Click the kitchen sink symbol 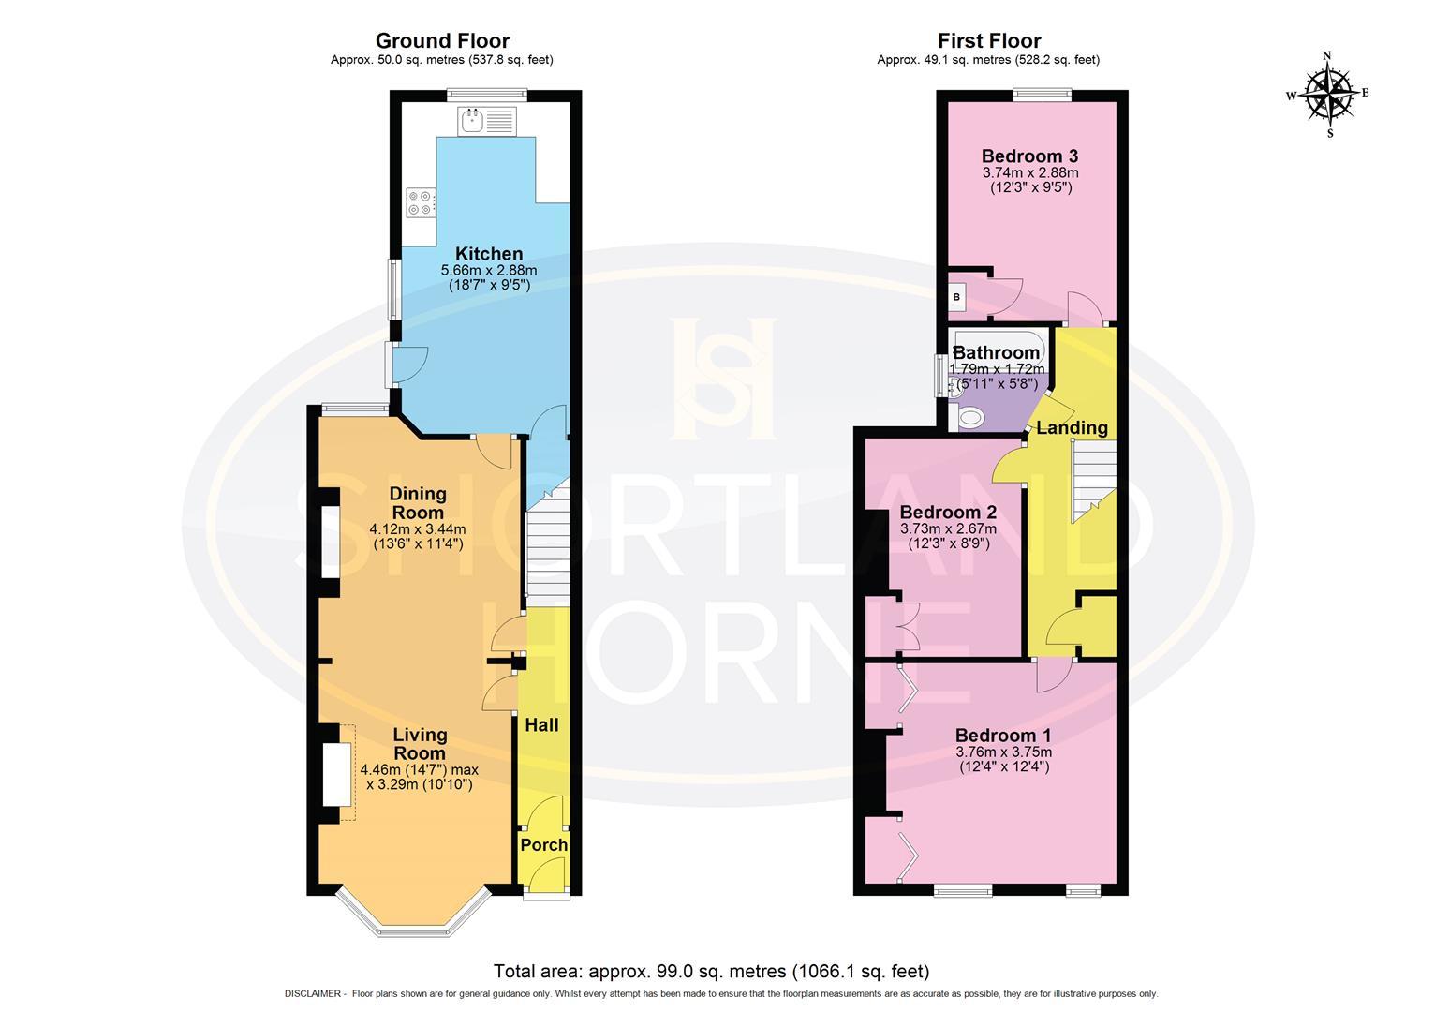pyautogui.click(x=486, y=121)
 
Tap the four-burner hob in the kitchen pyautogui.click(x=421, y=203)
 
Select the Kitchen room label pyautogui.click(x=488, y=254)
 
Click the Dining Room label pyautogui.click(x=418, y=503)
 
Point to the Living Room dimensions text pyautogui.click(x=419, y=778)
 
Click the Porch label pyautogui.click(x=544, y=845)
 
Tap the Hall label pyautogui.click(x=541, y=725)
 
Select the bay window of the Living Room pyautogui.click(x=413, y=914)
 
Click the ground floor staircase pyautogui.click(x=546, y=548)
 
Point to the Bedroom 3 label pyautogui.click(x=1029, y=156)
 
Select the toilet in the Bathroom pyautogui.click(x=971, y=418)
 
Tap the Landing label pyautogui.click(x=1072, y=428)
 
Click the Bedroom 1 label pyautogui.click(x=1002, y=736)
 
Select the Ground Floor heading pyautogui.click(x=442, y=41)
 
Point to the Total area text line pyautogui.click(x=711, y=972)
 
